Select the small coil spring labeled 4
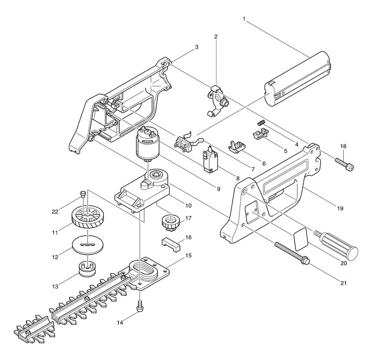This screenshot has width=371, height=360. (x=261, y=122)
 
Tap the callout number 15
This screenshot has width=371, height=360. (x=188, y=255)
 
